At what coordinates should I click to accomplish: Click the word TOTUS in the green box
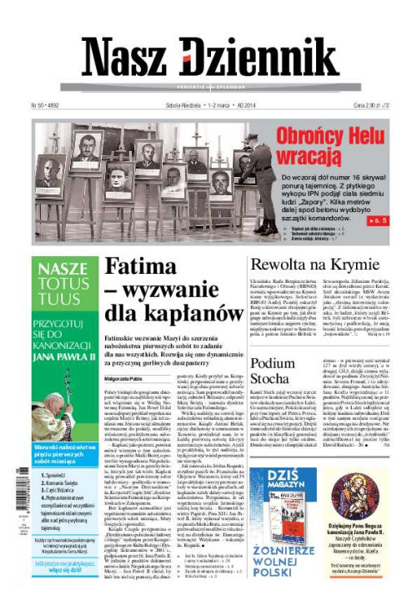click(65, 285)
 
